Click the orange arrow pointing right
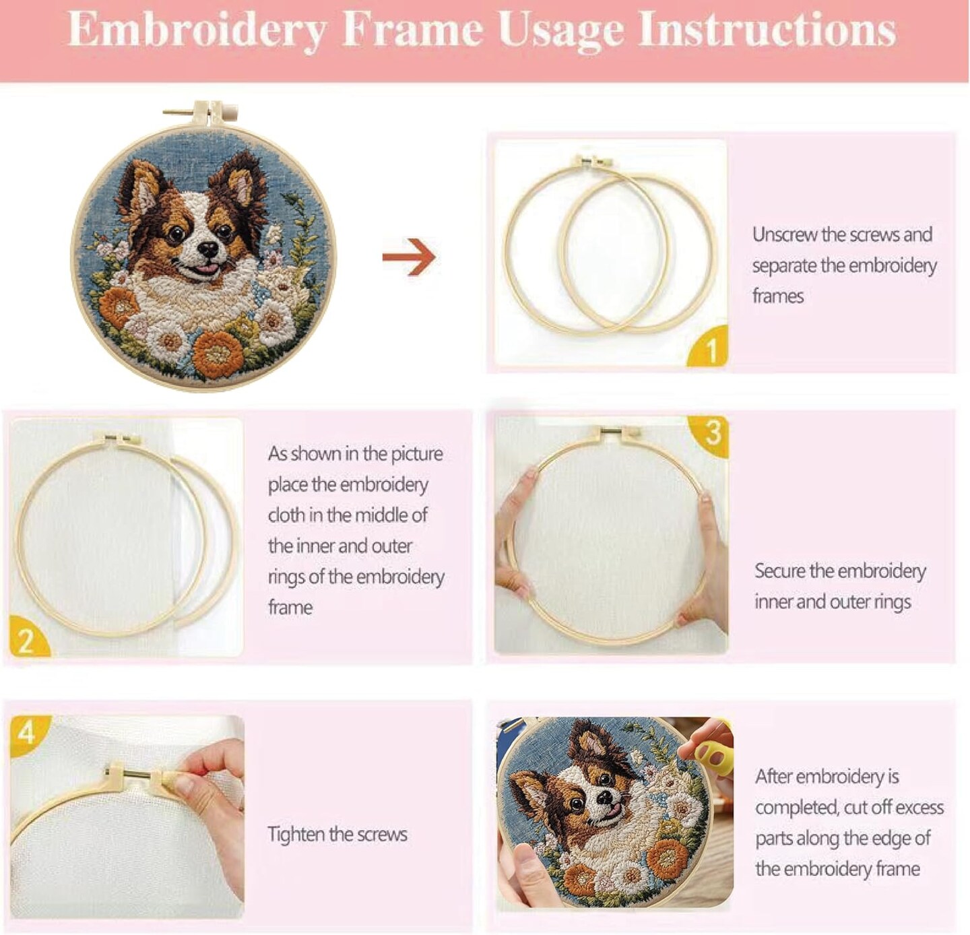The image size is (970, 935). (410, 257)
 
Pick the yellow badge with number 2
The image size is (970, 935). (28, 637)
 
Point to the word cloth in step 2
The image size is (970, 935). (286, 515)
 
